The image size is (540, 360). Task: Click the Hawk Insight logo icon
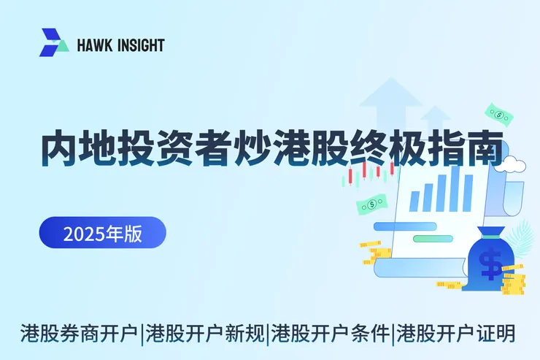click(x=54, y=43)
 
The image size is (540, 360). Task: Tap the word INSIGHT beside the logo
click(x=140, y=45)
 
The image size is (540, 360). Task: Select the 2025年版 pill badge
click(x=102, y=233)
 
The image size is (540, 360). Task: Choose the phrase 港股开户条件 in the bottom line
click(x=331, y=334)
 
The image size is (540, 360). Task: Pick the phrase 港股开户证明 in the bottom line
click(x=456, y=334)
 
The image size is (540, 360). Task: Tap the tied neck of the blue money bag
click(x=491, y=235)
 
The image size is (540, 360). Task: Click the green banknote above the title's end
click(x=499, y=114)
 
